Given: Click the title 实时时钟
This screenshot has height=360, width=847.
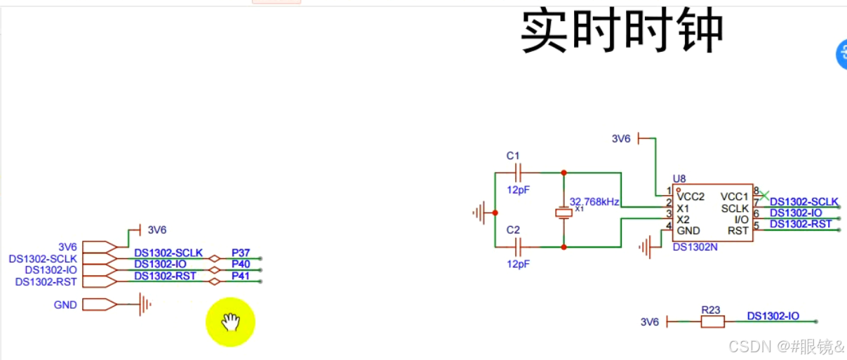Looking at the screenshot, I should coord(622,32).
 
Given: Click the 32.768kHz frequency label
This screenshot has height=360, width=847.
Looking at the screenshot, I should coord(594,201).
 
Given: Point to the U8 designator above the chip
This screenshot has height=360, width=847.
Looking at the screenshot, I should coord(679,178).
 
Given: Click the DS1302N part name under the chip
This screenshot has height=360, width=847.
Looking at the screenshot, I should coord(695,247).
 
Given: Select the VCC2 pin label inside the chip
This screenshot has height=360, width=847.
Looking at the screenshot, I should coord(692,196).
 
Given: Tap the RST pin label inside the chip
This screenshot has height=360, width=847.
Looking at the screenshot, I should coord(738,230).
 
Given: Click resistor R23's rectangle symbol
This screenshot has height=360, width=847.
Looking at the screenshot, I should coord(712,321).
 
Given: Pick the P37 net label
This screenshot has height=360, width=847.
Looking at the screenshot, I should coord(241,253).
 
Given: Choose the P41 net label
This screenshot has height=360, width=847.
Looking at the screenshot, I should coord(241,276).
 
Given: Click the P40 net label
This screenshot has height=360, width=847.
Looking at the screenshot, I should coord(241,264).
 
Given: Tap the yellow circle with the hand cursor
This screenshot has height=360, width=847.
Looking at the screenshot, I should coord(230,322).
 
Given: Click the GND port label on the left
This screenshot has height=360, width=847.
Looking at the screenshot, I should coord(65,305).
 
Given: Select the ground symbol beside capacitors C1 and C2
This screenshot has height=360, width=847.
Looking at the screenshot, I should coord(481,212).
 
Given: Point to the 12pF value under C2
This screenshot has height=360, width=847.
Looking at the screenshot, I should coord(518,264).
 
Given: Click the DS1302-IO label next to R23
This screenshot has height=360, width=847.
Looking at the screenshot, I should coord(773,316).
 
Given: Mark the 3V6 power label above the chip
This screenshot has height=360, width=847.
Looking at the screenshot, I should coord(621,139).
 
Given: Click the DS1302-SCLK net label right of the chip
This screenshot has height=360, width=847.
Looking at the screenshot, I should coord(804,202).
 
